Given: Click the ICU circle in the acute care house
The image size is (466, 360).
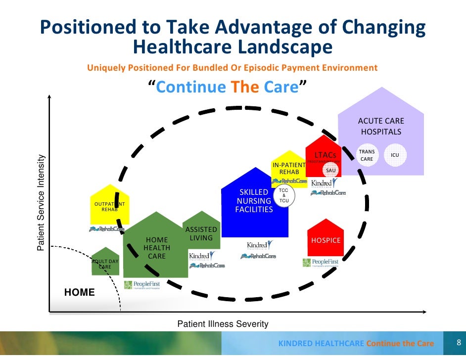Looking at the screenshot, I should point(395,155).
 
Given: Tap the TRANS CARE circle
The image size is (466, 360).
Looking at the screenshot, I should point(367,155).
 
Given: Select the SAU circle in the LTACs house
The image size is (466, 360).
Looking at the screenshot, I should point(330,170).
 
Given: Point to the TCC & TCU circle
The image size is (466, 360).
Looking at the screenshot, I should point(283,196).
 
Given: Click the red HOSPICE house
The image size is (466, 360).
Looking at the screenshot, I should point(326,237).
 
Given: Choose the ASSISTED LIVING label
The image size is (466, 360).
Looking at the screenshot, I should point(201,233).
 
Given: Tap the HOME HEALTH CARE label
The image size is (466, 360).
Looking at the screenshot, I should point(157,248).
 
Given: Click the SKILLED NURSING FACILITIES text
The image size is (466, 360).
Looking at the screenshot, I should point(254,201).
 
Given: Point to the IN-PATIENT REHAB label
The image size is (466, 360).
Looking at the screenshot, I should point(289,168).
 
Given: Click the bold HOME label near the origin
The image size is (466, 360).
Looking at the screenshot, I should point(80,292).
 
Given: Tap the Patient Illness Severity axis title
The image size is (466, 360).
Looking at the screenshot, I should point(223,324).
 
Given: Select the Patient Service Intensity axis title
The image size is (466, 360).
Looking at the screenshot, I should point(42,203).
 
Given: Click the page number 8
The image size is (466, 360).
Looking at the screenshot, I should point(459,343).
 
